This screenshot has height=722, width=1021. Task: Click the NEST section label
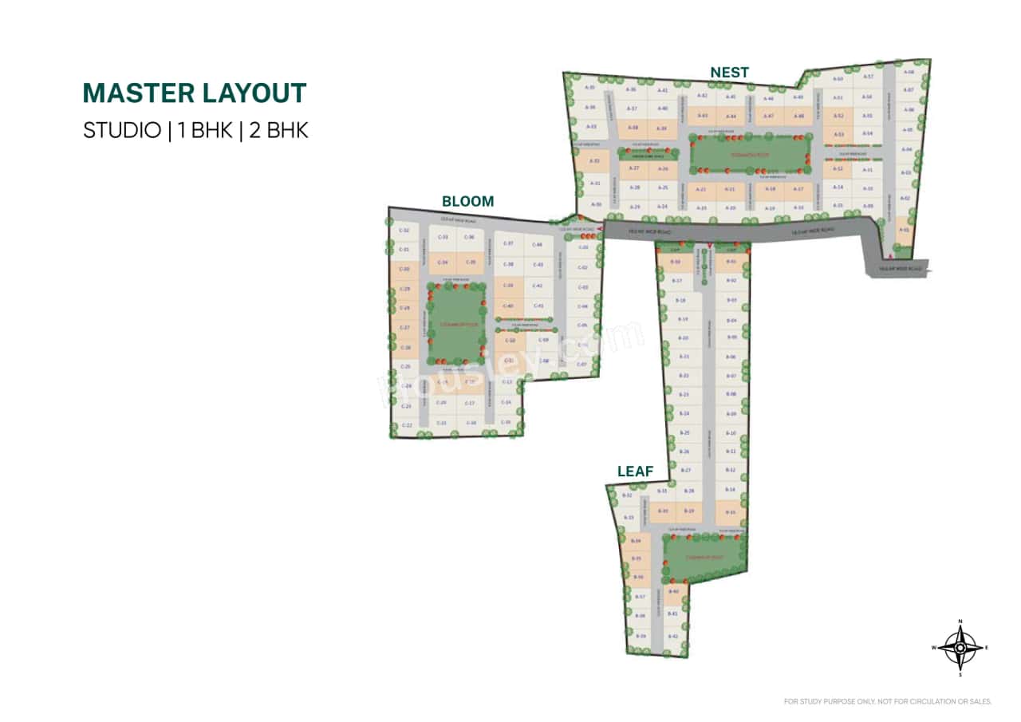tap(730, 73)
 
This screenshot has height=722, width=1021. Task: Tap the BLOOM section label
tap(468, 202)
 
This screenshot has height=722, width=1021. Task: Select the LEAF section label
tap(636, 471)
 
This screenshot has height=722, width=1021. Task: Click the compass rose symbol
tap(960, 648)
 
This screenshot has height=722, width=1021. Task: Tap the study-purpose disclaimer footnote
tap(888, 702)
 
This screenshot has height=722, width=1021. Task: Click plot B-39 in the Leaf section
tap(640, 636)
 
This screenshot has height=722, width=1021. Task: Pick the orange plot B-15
tap(730, 511)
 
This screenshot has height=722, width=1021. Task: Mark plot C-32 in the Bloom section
tap(404, 231)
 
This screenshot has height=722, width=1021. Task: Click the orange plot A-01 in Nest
tap(904, 230)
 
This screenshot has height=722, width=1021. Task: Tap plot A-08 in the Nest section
tap(909, 73)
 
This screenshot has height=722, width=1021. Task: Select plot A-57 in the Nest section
tap(869, 77)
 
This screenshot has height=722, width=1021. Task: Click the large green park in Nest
tap(750, 153)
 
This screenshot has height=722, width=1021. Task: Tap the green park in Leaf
tap(705, 557)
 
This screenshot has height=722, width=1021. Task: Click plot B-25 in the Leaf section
tap(684, 432)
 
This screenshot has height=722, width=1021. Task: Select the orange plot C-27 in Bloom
tap(404, 328)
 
